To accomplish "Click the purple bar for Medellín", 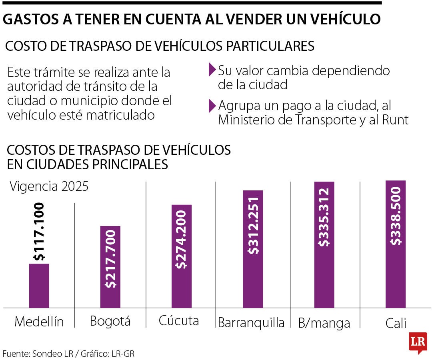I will point(39,286).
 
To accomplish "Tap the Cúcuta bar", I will point(182,256).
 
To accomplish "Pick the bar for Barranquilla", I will point(253,249).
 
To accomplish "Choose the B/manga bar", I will point(324,244).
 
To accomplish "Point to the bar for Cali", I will point(395,244).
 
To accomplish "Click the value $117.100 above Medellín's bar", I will point(39,232).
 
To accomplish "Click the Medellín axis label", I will point(39,322).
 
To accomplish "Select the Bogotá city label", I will point(110,321).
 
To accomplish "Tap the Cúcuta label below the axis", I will point(179,321).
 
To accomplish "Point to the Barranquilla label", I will point(251,322).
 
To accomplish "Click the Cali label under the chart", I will point(396,323).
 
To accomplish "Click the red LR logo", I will point(418,342).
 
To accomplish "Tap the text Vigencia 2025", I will point(49,187).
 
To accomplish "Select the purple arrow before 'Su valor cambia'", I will point(212,71).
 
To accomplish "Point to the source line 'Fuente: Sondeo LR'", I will point(40,354).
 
